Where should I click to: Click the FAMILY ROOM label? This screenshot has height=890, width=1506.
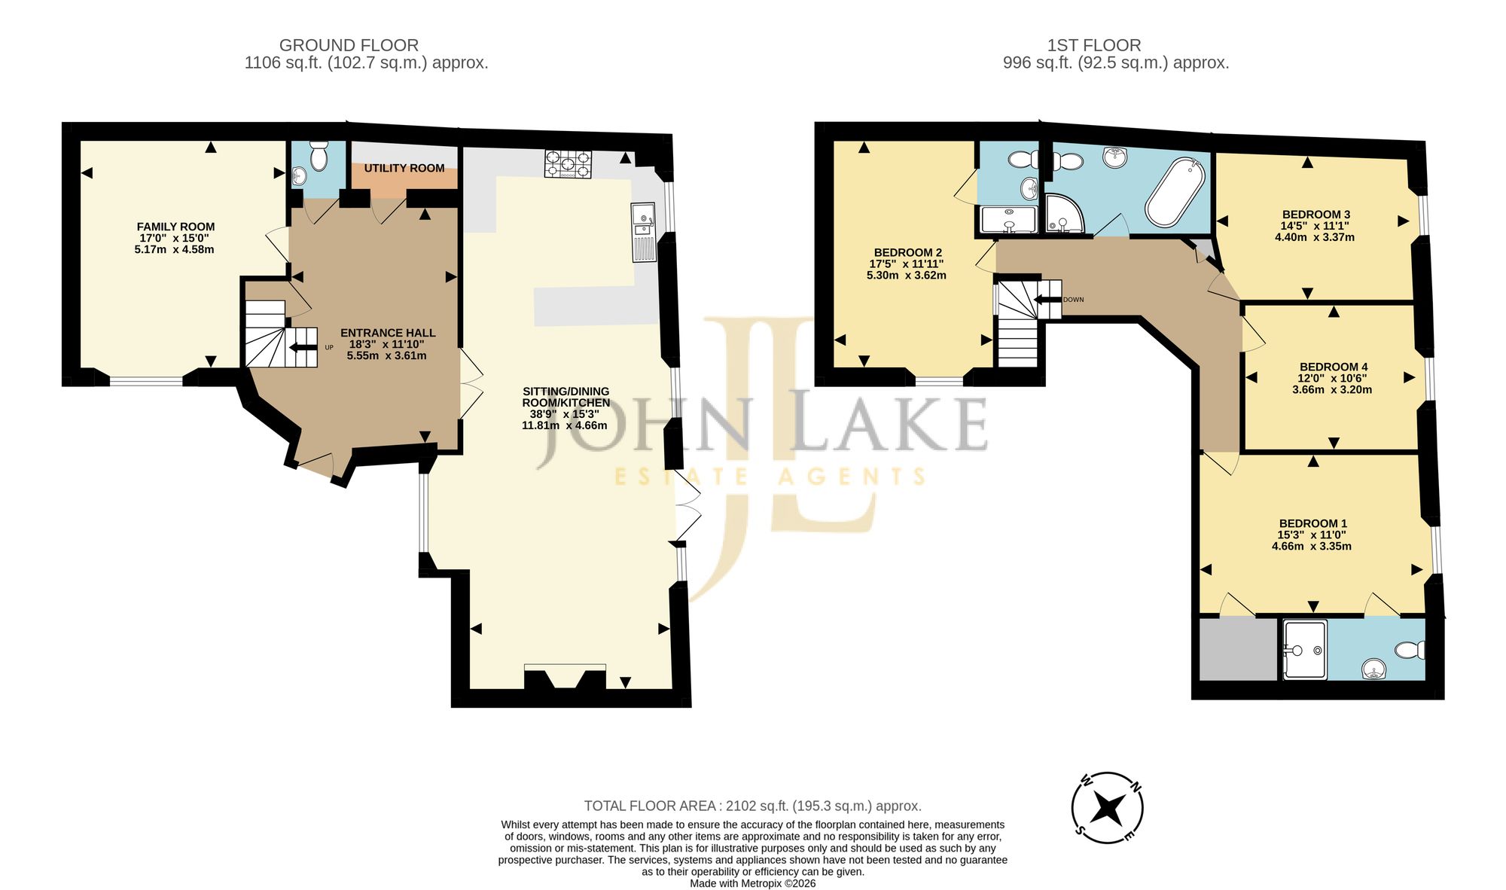click(x=175, y=227)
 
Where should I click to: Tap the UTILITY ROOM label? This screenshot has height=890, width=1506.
click(x=404, y=168)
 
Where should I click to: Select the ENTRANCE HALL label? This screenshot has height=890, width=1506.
click(x=388, y=333)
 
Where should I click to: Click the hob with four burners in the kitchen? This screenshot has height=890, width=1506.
click(x=569, y=164)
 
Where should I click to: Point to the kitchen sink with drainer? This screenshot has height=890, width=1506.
click(x=645, y=232)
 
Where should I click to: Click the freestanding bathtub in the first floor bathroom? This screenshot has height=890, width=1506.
click(x=1175, y=192)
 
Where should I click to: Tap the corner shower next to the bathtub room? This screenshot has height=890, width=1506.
click(x=1064, y=214)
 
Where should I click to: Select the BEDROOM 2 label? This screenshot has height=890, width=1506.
click(x=908, y=252)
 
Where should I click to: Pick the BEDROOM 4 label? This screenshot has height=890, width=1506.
click(x=1334, y=367)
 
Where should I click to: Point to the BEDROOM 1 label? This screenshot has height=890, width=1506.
click(x=1313, y=523)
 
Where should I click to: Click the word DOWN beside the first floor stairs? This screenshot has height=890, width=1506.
click(x=1074, y=300)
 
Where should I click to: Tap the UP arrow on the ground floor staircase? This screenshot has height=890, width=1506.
click(x=303, y=347)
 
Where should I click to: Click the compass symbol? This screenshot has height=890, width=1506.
click(x=1108, y=808)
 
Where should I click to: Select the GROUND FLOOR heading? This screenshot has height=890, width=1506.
click(x=349, y=45)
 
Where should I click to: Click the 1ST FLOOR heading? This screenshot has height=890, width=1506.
click(x=1094, y=45)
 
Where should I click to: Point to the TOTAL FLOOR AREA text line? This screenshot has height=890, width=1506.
click(x=753, y=806)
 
